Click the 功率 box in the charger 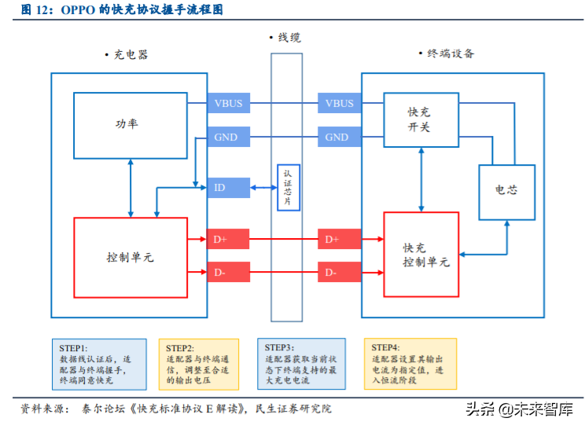coord(130,123)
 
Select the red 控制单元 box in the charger coord(130,256)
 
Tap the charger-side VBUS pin coord(228,103)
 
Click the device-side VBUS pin coord(340,103)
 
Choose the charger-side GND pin coord(228,137)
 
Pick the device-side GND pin coord(340,137)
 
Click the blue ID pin coord(228,188)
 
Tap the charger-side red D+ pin coord(228,239)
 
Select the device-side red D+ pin coord(340,239)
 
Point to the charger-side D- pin coord(228,273)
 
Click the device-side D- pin coord(340,273)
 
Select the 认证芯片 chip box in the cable coord(287,188)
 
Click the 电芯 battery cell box coord(506,192)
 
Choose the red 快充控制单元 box coord(421,255)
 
